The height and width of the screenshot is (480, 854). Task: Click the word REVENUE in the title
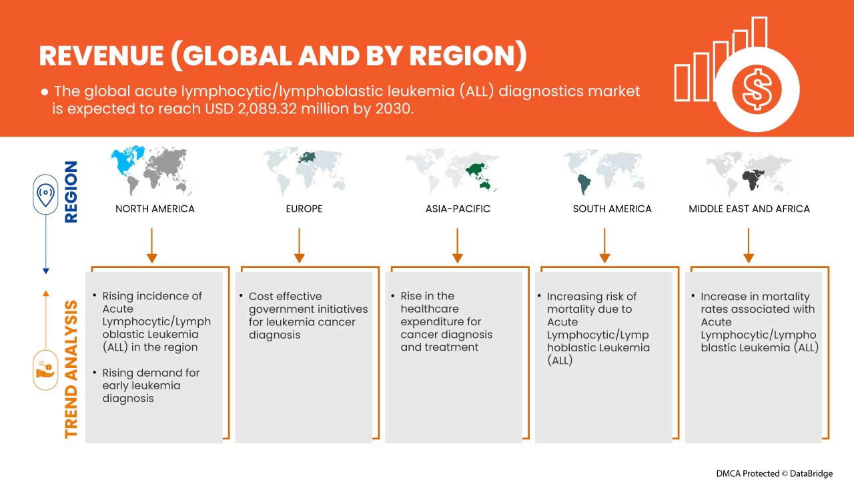[101, 56]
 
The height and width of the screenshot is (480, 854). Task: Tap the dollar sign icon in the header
[757, 89]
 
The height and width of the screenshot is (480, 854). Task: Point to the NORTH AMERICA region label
[155, 209]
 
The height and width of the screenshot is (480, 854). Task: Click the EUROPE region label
[304, 209]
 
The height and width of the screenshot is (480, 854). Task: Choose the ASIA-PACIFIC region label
[458, 209]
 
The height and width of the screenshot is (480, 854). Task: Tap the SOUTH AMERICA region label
[612, 209]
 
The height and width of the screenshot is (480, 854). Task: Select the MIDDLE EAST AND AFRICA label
[749, 209]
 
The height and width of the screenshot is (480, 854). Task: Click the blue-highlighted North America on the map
[127, 161]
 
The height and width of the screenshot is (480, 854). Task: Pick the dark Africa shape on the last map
[753, 180]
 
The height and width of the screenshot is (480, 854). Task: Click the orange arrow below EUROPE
[300, 245]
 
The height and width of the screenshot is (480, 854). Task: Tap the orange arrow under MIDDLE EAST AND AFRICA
[749, 245]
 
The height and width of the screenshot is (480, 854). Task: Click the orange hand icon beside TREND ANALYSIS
[45, 370]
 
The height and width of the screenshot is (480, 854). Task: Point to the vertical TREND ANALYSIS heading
[71, 369]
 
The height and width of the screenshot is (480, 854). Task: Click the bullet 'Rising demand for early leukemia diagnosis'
[151, 385]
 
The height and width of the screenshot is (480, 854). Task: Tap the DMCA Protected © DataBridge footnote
[774, 473]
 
